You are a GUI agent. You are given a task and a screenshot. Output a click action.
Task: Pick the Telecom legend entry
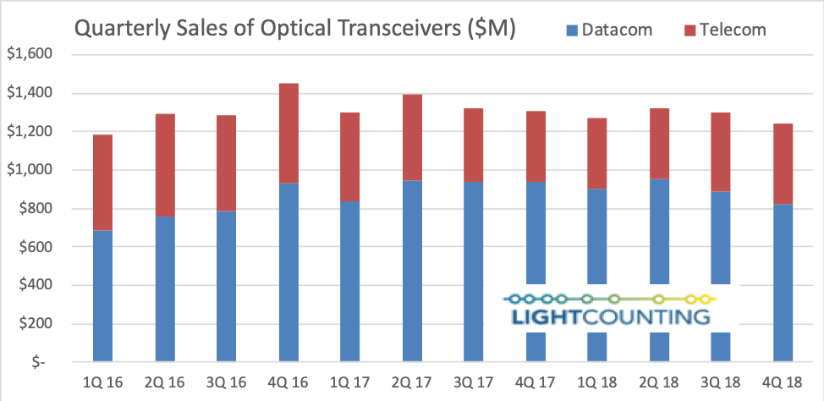[722, 30]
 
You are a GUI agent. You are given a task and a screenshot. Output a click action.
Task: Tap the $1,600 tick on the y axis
[30, 55]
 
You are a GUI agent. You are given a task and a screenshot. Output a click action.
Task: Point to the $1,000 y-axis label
[30, 170]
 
